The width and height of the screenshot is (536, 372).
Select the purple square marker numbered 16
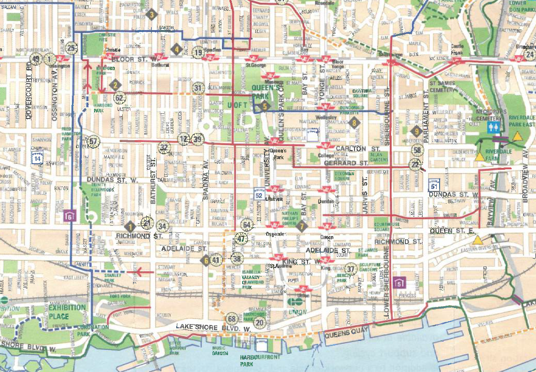[70, 216]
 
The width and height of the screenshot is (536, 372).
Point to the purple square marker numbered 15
[400, 282]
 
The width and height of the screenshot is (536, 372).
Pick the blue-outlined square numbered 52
[258, 194]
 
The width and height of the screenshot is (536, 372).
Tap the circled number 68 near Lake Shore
[232, 318]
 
